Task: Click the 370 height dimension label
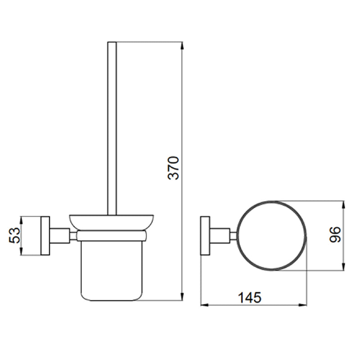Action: click(x=173, y=168)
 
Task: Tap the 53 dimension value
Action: click(x=14, y=235)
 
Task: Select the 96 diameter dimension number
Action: click(x=335, y=234)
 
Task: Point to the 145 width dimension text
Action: click(x=250, y=298)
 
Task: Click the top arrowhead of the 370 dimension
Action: click(x=182, y=45)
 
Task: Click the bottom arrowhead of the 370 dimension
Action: click(x=182, y=297)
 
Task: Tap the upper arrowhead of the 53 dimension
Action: click(x=21, y=220)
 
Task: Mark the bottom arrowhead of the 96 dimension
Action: click(x=343, y=267)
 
